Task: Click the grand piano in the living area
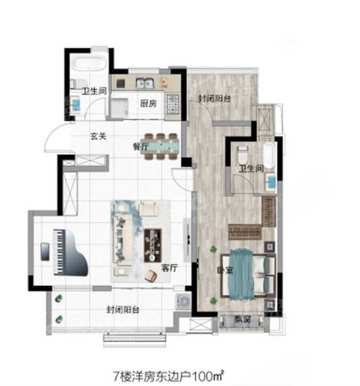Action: coord(70,252)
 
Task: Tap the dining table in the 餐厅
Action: coord(160,146)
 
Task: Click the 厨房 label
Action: coord(149,103)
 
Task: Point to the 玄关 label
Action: coord(99,136)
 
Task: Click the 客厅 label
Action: coord(170,268)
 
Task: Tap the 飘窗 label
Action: coord(242,320)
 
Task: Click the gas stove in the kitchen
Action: coord(173,104)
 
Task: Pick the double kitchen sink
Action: coord(145,83)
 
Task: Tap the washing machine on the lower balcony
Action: coord(183,301)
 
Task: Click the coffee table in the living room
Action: coord(153,245)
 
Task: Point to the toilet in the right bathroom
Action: coord(243,155)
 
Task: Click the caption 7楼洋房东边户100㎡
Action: coord(169,376)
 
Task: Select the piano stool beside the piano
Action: coord(45,251)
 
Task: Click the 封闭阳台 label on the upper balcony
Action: coord(215,99)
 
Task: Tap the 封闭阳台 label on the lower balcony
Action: coord(123,310)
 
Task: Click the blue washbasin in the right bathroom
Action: coord(272,182)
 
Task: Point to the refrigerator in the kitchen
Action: coord(119,108)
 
